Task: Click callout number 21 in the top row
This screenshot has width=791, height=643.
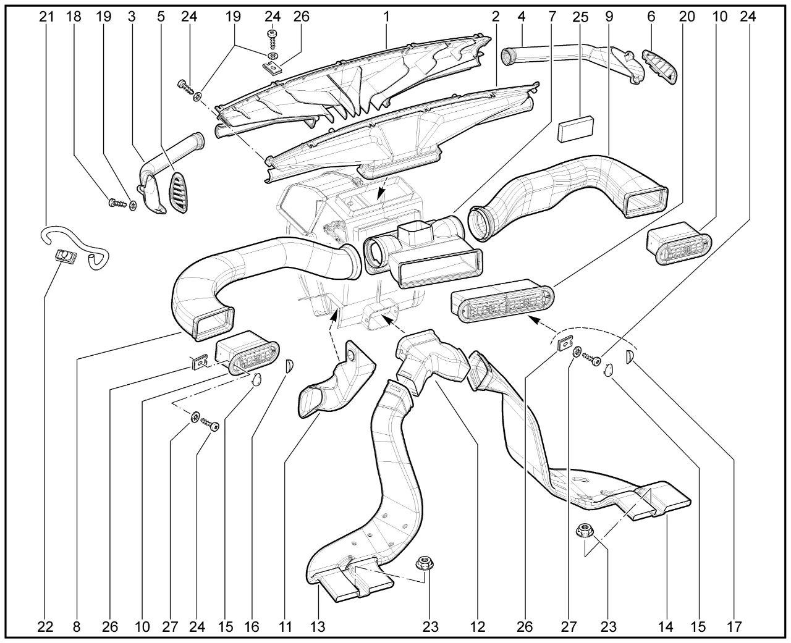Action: click(46, 17)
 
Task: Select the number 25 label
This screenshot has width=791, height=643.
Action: click(580, 17)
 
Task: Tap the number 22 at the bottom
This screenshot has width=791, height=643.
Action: click(45, 627)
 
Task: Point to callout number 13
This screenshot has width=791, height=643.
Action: click(318, 627)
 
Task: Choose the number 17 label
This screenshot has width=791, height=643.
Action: click(734, 627)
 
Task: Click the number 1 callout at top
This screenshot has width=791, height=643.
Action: click(386, 17)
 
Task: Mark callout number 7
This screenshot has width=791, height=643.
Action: click(552, 17)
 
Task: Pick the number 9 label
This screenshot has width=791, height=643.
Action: click(609, 17)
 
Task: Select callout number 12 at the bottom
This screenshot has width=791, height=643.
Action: click(478, 627)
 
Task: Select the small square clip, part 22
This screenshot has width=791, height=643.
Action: click(66, 256)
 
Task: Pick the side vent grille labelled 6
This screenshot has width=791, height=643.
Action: click(661, 67)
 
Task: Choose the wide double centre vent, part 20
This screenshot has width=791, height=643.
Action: click(502, 301)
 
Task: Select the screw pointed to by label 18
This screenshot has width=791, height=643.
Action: click(117, 203)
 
